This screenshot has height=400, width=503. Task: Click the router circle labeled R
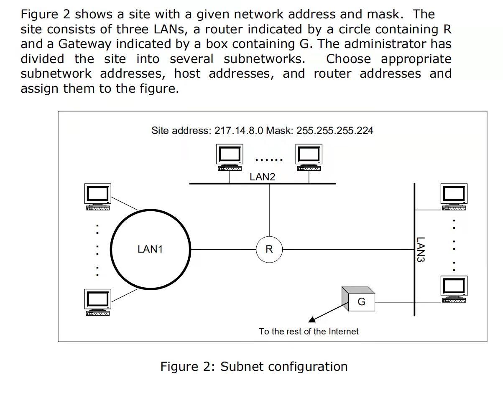point(269,250)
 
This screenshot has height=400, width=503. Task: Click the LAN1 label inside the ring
point(150,250)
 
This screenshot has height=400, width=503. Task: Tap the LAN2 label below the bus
point(263,177)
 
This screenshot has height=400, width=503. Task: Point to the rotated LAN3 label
point(421,250)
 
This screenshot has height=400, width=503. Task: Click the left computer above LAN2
point(230,157)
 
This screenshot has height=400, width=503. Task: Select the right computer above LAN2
point(309,157)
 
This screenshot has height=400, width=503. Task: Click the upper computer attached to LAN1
point(98,197)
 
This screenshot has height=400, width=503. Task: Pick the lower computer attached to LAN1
point(98,302)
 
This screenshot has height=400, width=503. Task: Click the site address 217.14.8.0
point(239,131)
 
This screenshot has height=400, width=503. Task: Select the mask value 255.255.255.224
point(334,131)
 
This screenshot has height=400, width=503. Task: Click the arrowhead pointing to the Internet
point(312,320)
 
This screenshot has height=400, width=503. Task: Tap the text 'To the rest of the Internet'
point(309,332)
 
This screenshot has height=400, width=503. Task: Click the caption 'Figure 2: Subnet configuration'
point(254,367)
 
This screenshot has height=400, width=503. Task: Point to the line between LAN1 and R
point(223,250)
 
